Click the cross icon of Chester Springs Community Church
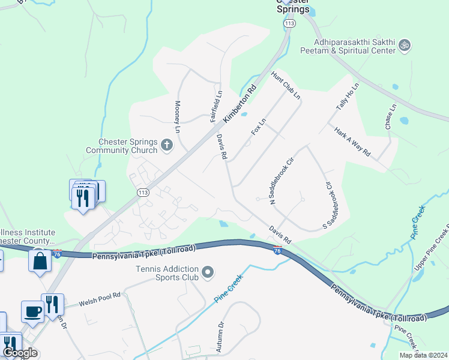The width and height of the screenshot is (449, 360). [x=167, y=145]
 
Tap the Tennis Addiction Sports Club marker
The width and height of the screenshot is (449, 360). [x=208, y=274]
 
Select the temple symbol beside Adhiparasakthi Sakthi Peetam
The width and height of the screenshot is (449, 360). [x=405, y=44]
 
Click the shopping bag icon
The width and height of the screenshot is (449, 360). [x=40, y=262]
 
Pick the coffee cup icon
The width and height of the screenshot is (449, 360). [x=32, y=312]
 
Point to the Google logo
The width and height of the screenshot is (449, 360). [x=20, y=353]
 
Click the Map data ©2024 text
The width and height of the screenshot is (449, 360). [x=423, y=355]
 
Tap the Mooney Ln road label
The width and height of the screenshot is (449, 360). [x=178, y=117]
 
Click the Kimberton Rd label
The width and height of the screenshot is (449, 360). [x=240, y=103]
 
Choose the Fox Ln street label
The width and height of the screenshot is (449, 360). [x=259, y=127]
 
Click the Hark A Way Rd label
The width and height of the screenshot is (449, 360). [x=352, y=145]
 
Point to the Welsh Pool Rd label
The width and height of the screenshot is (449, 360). [x=100, y=299]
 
